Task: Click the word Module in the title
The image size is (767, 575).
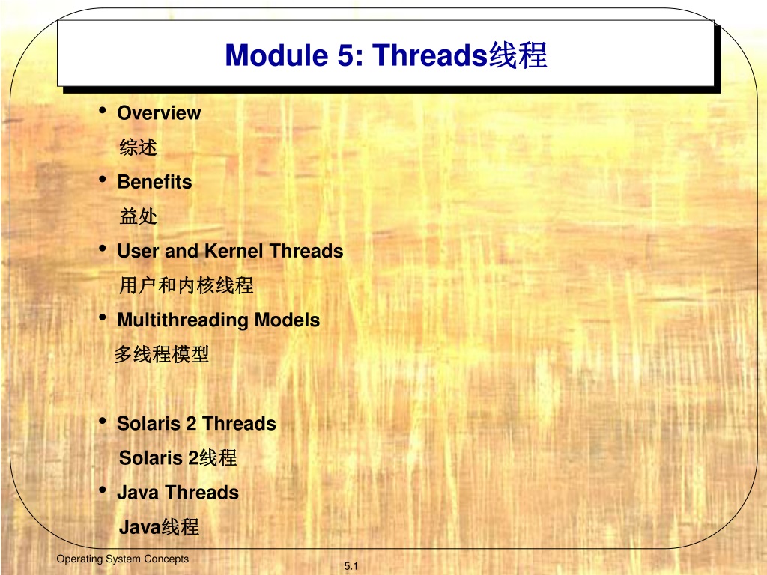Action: pos(276,55)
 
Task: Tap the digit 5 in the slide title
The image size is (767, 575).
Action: pos(346,55)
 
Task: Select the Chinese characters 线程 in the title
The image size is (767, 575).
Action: pos(518,55)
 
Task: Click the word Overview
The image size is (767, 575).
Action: pos(159,113)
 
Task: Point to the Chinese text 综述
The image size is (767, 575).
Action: pos(139,147)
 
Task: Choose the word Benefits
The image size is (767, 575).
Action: pos(154,182)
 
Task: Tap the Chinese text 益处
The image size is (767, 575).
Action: pos(139,216)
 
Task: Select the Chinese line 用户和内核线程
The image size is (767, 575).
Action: pos(187,285)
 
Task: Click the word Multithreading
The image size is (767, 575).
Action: pos(184,320)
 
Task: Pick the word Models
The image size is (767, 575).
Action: pos(287,320)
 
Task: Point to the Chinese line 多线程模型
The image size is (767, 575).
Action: pos(162,354)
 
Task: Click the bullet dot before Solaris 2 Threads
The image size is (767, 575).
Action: pos(103,421)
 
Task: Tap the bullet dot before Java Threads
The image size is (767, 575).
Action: pos(103,490)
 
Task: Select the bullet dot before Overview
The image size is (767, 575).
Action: pos(103,110)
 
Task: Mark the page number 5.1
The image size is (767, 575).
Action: pos(351,566)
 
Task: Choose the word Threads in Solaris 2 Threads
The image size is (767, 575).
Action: pos(239,424)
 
